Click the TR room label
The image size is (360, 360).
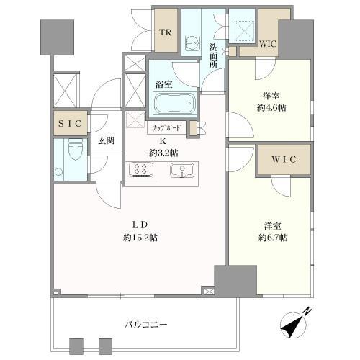tap(165, 32)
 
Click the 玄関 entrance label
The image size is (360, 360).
tap(107, 140)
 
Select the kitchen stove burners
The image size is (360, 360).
tap(141, 171)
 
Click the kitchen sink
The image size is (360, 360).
tap(184, 171)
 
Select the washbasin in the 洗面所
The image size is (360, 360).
tap(192, 42)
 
